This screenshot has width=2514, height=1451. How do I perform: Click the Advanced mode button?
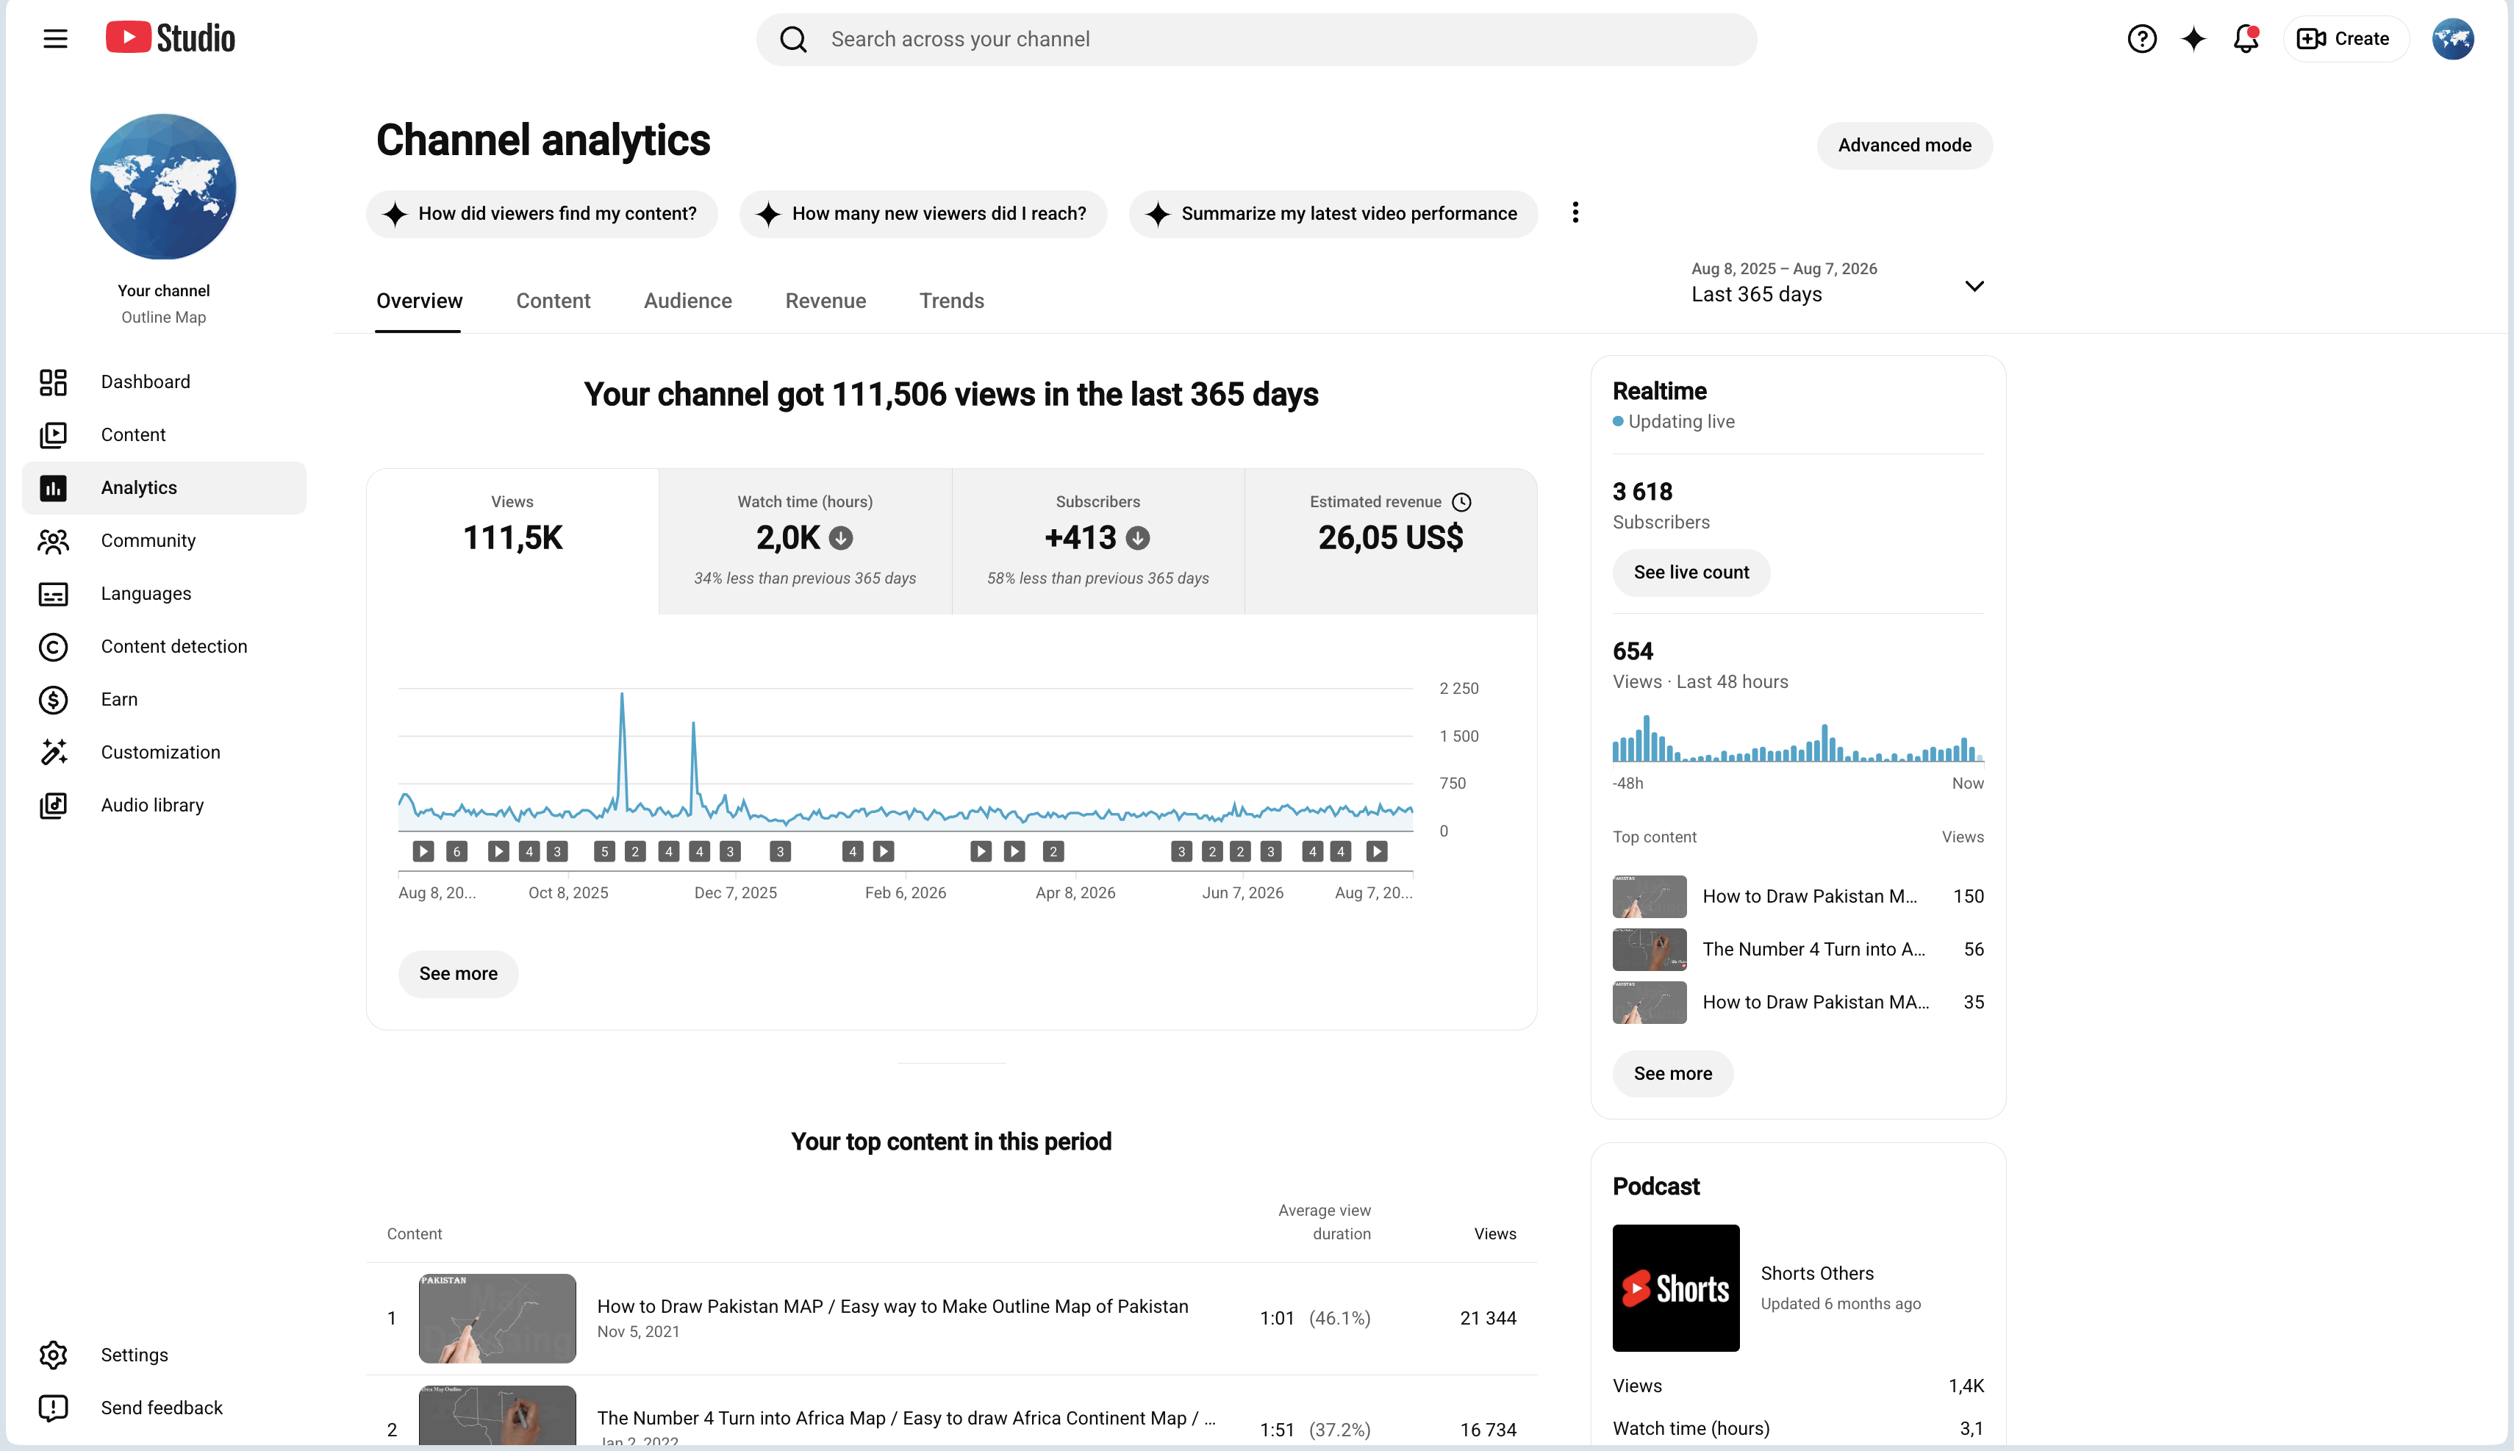point(1904,146)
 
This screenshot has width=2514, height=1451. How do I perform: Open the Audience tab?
point(687,301)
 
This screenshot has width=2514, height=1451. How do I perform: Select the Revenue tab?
point(825,301)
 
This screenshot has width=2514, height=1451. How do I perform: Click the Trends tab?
point(952,301)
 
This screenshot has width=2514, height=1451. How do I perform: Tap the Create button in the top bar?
point(2346,39)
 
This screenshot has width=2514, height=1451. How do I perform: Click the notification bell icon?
point(2246,39)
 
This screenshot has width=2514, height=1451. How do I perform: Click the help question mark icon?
point(2141,39)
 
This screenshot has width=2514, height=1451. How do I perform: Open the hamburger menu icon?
point(56,39)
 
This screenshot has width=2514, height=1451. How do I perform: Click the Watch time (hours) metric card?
point(805,541)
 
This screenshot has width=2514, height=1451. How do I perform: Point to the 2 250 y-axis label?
point(1458,689)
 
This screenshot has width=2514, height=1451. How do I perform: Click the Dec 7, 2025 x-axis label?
point(735,893)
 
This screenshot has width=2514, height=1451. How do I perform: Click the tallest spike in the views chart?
point(622,695)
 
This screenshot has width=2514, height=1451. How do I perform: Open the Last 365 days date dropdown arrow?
point(1974,286)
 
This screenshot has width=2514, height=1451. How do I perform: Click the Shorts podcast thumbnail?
point(1676,1288)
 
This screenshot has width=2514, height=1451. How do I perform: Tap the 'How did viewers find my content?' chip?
point(542,214)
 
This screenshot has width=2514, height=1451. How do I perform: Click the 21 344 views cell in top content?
point(1488,1319)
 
